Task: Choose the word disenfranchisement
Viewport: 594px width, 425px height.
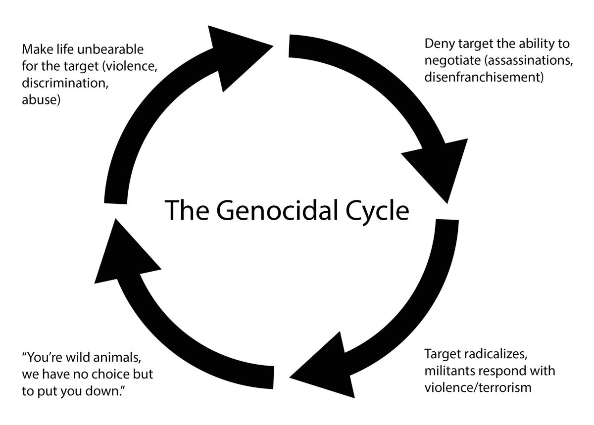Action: pyautogui.click(x=484, y=78)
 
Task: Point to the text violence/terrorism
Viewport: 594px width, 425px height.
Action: pyautogui.click(x=478, y=386)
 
